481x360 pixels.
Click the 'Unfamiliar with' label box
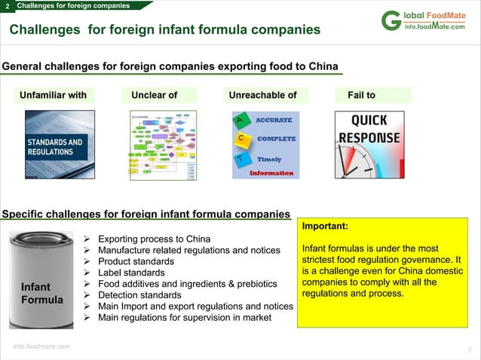click(53, 96)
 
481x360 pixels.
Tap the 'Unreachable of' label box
click(262, 96)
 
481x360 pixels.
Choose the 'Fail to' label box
click(372, 96)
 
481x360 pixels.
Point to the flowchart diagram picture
click(163, 145)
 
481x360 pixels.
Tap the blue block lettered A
click(240, 121)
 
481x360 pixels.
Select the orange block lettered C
click(240, 139)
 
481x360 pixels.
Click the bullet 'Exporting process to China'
click(155, 239)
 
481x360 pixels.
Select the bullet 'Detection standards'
click(140, 295)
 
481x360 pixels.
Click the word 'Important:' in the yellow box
click(325, 225)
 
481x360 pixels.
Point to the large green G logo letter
click(391, 22)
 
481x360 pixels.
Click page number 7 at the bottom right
click(469, 350)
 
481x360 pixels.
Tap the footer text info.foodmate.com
click(41, 346)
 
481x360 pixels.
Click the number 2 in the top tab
click(7, 7)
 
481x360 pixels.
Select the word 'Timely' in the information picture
click(269, 160)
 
